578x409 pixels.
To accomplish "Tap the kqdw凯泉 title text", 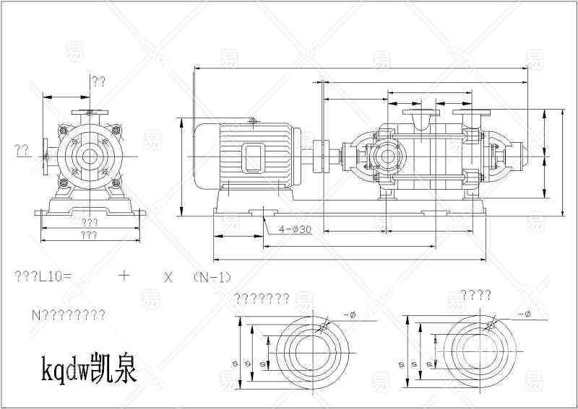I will click(x=87, y=369).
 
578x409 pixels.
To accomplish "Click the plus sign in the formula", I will click(x=124, y=276).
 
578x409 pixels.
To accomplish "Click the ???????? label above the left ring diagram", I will click(x=262, y=298).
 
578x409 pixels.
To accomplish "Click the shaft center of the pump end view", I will click(x=90, y=156).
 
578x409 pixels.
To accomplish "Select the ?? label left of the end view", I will click(x=22, y=150).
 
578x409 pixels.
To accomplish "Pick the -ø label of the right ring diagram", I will click(x=524, y=315).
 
